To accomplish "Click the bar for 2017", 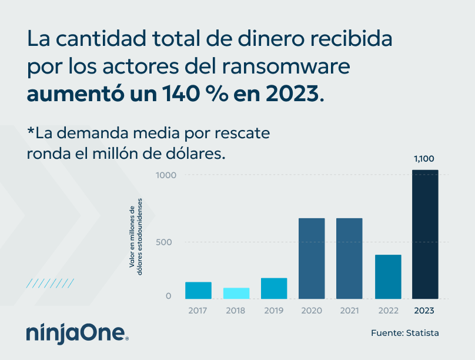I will coord(198,290).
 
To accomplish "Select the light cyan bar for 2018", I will coord(236,293).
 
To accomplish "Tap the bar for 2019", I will coord(274,288).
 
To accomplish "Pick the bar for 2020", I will coord(312,258).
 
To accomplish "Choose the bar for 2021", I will coord(349,258).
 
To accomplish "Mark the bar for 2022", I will coord(388,276).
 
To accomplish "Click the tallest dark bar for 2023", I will coord(425,234).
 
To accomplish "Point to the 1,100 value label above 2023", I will coord(425,159).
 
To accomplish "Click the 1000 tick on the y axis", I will coord(166,175).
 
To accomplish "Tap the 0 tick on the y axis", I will coord(169,296).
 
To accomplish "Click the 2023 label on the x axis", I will coord(425,310).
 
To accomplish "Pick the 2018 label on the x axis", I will coord(236,310).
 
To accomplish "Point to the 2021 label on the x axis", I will coord(349,310).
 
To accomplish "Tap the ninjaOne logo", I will coord(77,333).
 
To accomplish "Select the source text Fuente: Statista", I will coord(404,333).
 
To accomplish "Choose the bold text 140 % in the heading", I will coord(204,94).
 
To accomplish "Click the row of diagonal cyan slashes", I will coord(51,284).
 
